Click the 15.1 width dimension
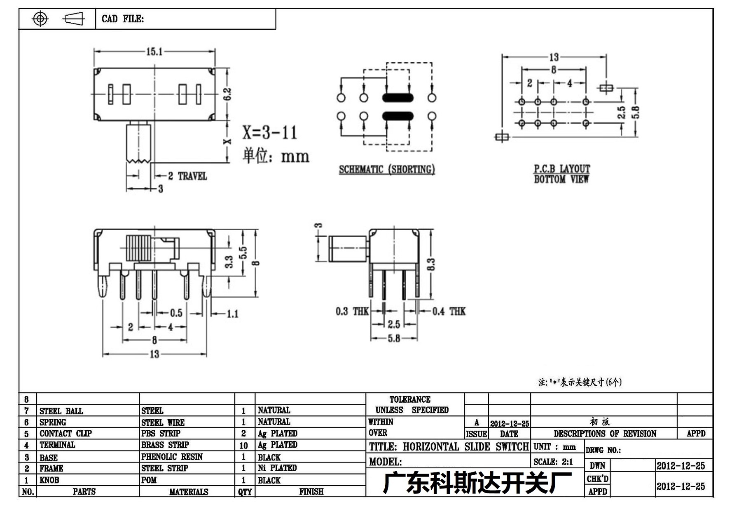[154, 52]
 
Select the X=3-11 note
[269, 132]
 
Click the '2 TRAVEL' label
[187, 176]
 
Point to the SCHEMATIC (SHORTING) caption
[387, 169]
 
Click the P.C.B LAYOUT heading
[562, 169]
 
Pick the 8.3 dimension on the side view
[431, 264]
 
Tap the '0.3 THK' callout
[352, 311]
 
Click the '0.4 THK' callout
[449, 311]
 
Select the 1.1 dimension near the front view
[233, 314]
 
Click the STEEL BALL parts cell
[61, 411]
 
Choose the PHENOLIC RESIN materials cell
[172, 457]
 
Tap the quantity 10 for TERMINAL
[243, 445]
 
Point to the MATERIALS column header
[189, 492]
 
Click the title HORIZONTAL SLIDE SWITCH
[466, 447]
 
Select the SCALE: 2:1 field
[553, 462]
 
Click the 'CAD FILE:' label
[123, 19]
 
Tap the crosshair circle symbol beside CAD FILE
[40, 19]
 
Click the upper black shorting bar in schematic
[398, 98]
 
